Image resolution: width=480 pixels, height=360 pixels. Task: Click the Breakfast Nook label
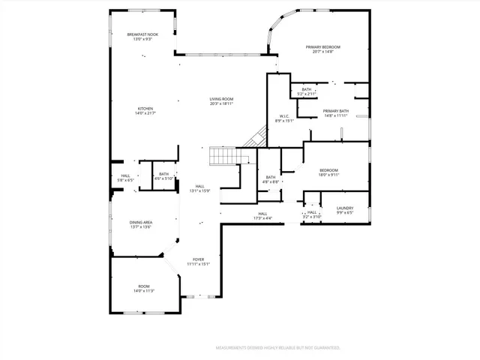click(142, 34)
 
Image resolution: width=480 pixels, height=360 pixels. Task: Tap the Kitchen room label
click(144, 109)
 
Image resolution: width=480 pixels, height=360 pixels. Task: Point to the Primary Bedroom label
click(324, 46)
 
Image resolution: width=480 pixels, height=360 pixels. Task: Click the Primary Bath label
click(336, 111)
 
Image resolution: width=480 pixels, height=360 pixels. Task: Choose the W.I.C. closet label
click(285, 115)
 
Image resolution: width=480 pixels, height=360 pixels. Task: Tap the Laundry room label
click(344, 208)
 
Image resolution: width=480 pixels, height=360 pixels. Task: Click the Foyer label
click(199, 259)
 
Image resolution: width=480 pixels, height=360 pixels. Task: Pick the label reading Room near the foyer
click(143, 286)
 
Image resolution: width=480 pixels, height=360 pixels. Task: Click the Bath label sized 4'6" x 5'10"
click(163, 174)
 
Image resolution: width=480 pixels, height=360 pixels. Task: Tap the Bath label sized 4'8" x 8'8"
click(271, 177)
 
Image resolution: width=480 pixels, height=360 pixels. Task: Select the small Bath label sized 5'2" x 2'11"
click(307, 89)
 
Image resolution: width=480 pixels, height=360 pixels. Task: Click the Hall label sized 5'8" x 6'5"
click(125, 176)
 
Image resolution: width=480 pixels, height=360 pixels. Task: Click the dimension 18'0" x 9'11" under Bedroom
click(329, 175)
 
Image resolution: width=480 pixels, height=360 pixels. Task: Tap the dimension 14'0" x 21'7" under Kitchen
click(144, 113)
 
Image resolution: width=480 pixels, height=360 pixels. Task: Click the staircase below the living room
click(223, 157)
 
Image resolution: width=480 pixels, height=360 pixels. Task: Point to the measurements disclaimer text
click(277, 348)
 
